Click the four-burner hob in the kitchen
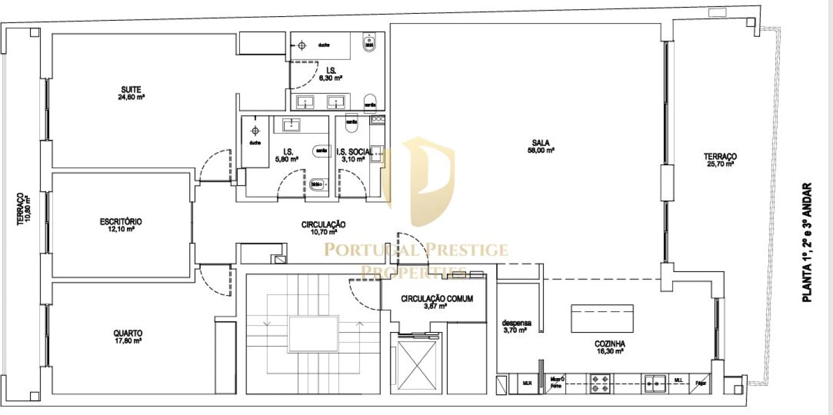599,382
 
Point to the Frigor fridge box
701,382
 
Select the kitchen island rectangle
602,318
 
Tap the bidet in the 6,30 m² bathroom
370,41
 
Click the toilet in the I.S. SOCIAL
351,122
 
